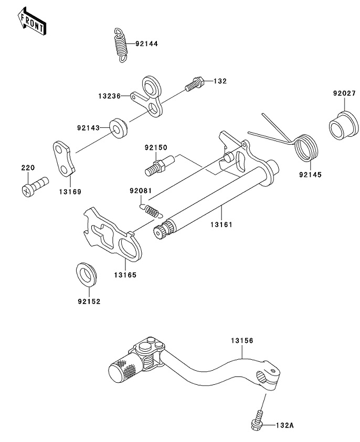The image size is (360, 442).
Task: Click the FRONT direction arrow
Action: coord(31,21)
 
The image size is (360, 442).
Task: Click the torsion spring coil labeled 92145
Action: coord(306,148)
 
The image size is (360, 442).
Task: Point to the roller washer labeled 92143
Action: coord(118,128)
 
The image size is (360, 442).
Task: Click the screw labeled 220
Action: coord(35,184)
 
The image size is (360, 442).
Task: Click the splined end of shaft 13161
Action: coord(160,231)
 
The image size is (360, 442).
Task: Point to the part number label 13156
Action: coord(241,341)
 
